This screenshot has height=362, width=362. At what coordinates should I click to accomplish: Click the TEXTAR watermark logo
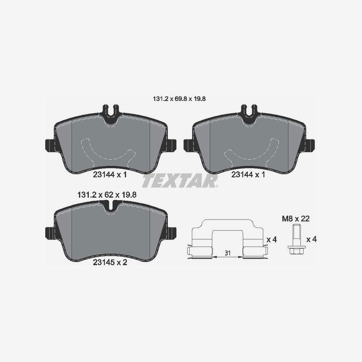(x=180, y=181)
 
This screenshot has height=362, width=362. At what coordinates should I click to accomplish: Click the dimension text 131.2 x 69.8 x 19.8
(x=179, y=99)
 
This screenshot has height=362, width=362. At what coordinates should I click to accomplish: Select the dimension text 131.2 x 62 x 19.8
(x=107, y=195)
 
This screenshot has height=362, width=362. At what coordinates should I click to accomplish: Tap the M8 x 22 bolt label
(x=296, y=219)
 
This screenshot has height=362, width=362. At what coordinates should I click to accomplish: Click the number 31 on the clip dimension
(x=228, y=253)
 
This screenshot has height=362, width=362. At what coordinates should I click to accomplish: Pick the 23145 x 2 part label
(x=110, y=262)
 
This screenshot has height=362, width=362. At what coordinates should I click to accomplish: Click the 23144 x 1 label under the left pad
(x=110, y=175)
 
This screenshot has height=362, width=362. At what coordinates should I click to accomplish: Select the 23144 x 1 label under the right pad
(x=248, y=175)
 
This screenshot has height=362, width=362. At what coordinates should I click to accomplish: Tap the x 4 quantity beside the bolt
(x=311, y=239)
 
